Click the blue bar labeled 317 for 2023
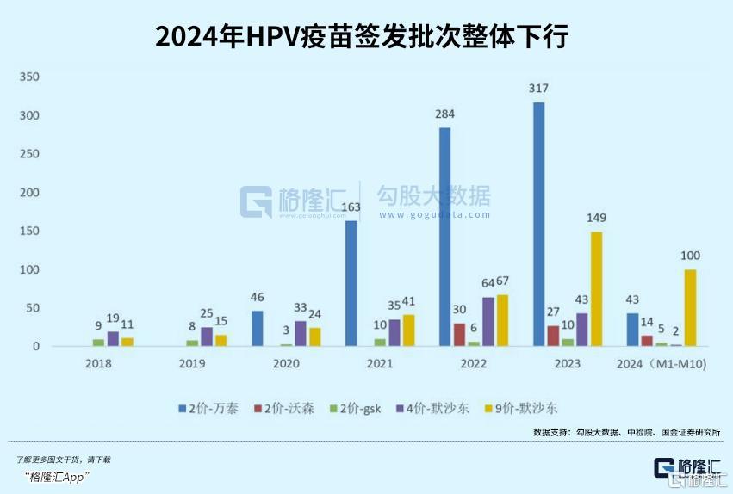pyautogui.click(x=538, y=224)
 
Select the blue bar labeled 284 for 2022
pyautogui.click(x=445, y=237)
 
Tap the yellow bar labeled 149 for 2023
pyautogui.click(x=596, y=288)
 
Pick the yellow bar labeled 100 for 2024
pyautogui.click(x=690, y=307)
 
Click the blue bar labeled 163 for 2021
pyautogui.click(x=351, y=283)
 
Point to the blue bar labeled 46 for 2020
pyautogui.click(x=258, y=328)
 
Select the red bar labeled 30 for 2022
pyautogui.click(x=459, y=335)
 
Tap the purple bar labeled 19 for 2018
pyautogui.click(x=113, y=338)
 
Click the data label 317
pyautogui.click(x=539, y=89)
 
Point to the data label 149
pyautogui.click(x=596, y=218)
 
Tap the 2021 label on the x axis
pyautogui.click(x=380, y=365)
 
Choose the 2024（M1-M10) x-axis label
pyautogui.click(x=662, y=365)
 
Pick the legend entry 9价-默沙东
pyautogui.click(x=525, y=407)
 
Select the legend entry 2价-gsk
pyautogui.click(x=357, y=407)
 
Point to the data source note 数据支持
pyautogui.click(x=626, y=431)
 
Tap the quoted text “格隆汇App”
pyautogui.click(x=58, y=477)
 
